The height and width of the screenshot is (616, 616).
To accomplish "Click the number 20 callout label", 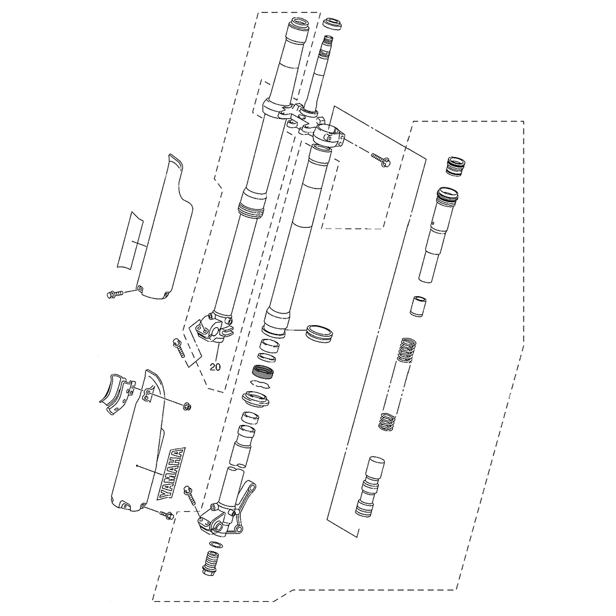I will click(x=215, y=367).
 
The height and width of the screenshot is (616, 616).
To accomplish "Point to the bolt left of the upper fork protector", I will click(x=114, y=294).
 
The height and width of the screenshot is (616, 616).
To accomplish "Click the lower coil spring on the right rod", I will click(x=386, y=420).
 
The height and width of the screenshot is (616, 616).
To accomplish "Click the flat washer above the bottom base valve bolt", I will click(x=216, y=545).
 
